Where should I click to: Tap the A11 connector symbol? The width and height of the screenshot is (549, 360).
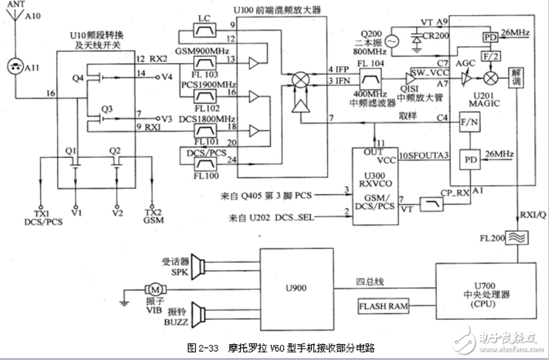pos(16,66)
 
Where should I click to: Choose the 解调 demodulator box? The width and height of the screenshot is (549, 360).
pos(517,76)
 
